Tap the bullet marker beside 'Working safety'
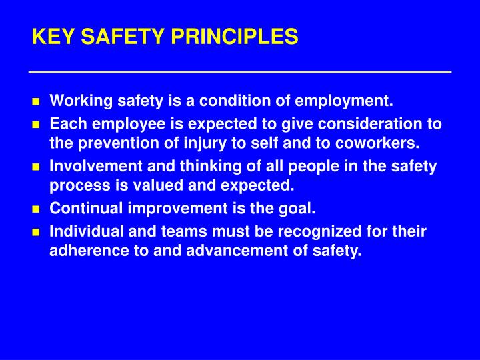pos(37,103)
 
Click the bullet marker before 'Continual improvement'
pos(37,209)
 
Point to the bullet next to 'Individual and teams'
pos(37,233)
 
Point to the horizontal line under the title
pos(240,71)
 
